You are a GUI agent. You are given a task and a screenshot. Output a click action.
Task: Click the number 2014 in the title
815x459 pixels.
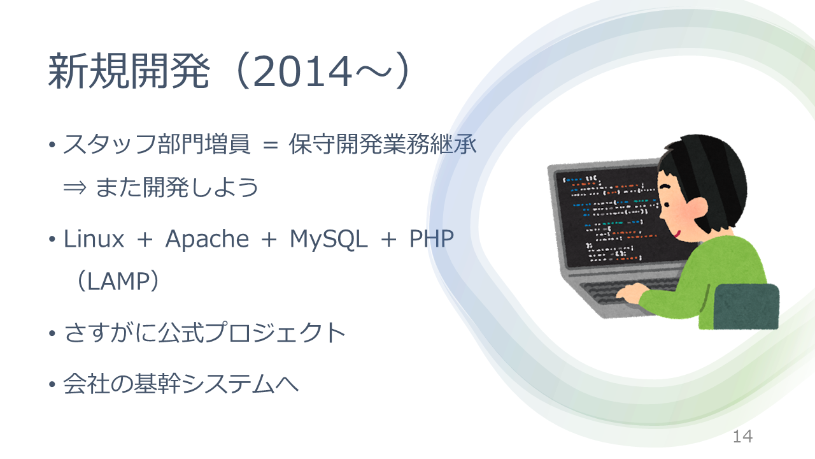tap(302, 71)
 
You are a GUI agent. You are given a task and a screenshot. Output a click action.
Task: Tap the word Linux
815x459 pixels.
tap(94, 239)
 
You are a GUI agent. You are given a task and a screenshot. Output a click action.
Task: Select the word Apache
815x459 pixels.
tap(207, 239)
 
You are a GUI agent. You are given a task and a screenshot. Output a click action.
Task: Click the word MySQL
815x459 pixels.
tap(328, 240)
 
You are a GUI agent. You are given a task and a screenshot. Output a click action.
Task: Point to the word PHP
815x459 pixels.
tap(432, 239)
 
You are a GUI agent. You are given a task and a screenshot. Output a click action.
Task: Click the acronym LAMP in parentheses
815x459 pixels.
tap(118, 281)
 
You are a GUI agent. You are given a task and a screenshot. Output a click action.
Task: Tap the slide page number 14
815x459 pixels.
tap(742, 437)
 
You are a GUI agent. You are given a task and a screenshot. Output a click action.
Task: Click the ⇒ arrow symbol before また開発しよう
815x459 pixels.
tap(75, 188)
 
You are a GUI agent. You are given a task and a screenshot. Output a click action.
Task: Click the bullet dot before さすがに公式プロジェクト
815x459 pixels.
tap(52, 333)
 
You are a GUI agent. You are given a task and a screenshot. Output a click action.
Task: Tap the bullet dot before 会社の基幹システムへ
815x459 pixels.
tap(52, 384)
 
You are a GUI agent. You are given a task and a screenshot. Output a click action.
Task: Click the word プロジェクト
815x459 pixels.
tap(276, 333)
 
